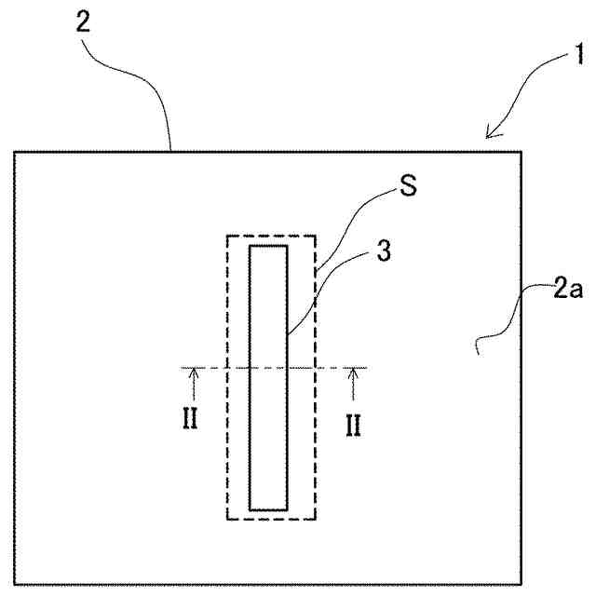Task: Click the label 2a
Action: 566,290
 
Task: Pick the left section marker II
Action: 189,421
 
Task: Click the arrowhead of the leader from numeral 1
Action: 489,136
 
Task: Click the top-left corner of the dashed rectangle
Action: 227,237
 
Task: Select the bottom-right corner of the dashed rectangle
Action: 316,519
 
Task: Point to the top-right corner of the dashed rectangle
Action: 316,237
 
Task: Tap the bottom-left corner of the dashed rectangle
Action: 227,519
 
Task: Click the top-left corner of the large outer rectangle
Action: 15,152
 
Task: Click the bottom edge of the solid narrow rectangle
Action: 268,509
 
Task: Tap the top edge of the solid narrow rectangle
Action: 268,245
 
